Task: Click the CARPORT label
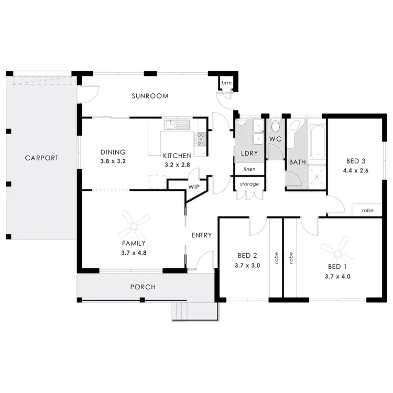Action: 40,158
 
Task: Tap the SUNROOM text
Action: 150,96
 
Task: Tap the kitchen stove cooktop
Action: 200,138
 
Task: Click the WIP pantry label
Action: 193,187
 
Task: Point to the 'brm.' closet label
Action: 226,83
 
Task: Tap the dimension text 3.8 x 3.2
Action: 113,161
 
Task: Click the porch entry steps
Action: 194,311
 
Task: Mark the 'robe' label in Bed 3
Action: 367,210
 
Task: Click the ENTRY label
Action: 201,235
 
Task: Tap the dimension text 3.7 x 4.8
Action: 134,252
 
